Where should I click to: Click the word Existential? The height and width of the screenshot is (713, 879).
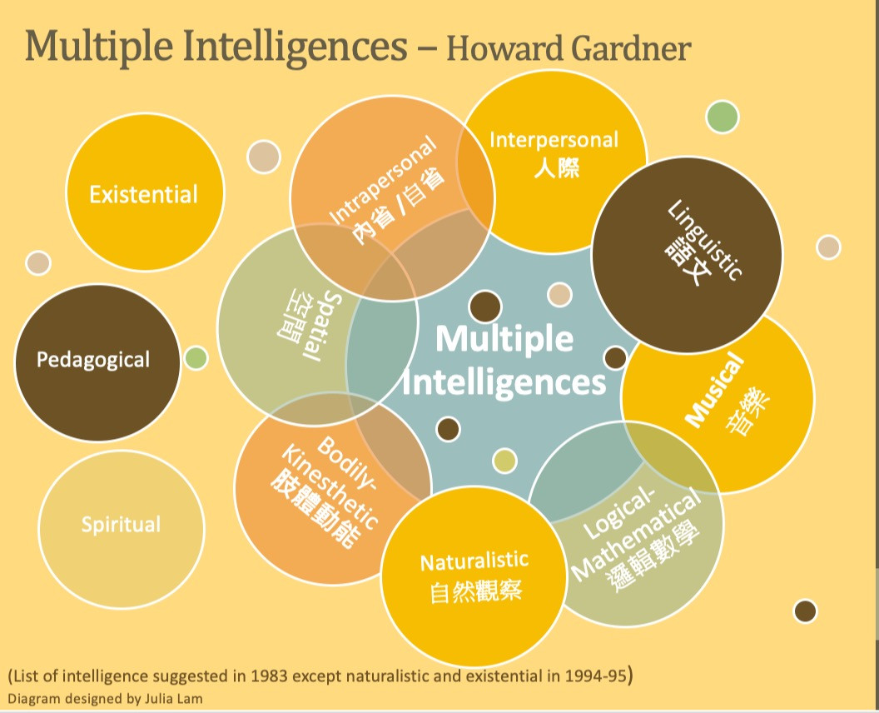[x=144, y=195]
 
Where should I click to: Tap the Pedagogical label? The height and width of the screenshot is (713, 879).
[x=93, y=361]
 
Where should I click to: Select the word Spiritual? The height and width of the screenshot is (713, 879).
[x=121, y=525]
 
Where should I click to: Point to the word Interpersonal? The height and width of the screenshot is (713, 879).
[x=554, y=139]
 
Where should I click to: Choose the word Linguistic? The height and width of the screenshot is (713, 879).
[x=704, y=241]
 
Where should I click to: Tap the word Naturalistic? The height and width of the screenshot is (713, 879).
[x=474, y=561]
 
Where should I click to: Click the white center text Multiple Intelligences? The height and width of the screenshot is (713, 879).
[x=504, y=361]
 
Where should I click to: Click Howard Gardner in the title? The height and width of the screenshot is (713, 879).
[x=569, y=49]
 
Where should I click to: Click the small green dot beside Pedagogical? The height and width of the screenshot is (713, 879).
[x=196, y=358]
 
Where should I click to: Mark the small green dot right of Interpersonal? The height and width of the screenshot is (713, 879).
[x=722, y=117]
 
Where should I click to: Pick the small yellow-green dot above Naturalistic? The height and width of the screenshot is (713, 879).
[x=504, y=460]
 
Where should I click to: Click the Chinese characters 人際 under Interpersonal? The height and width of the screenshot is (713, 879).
[x=556, y=166]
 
